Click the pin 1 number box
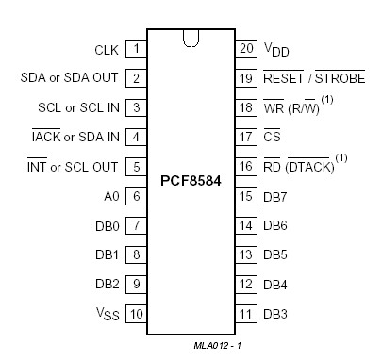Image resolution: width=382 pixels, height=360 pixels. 137,48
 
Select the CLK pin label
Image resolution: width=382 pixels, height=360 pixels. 107,48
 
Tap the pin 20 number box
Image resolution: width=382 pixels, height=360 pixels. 246,48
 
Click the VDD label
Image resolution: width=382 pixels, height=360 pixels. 276,49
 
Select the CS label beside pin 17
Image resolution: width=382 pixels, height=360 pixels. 271,137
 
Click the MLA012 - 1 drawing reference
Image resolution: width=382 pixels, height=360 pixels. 218,347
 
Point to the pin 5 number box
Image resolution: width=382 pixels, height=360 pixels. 137,166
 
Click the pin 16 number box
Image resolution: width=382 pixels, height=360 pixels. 246,166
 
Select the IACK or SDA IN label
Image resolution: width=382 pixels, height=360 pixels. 75,137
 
